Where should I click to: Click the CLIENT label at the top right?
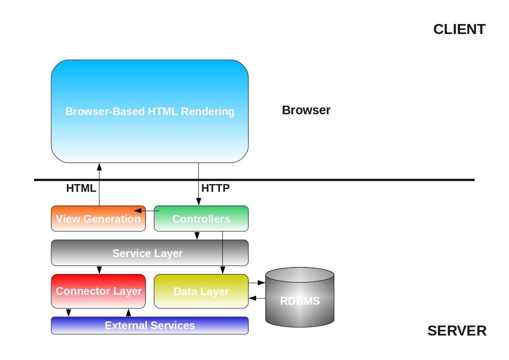(x=459, y=29)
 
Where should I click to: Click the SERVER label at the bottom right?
(x=456, y=331)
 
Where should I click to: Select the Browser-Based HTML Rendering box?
(x=150, y=111)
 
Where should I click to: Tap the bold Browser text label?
(x=306, y=110)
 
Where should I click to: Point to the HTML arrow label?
(x=81, y=188)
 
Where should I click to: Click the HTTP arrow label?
(x=215, y=188)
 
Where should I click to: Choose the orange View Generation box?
(x=98, y=219)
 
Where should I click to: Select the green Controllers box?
(x=201, y=219)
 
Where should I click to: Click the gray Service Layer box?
(x=150, y=253)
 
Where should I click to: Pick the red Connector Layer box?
(x=98, y=291)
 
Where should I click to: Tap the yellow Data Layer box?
(x=201, y=291)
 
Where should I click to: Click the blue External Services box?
(x=150, y=326)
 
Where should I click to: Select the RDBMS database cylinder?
(x=300, y=299)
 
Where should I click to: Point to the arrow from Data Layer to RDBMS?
(x=257, y=282)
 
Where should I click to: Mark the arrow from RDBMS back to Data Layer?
(x=257, y=298)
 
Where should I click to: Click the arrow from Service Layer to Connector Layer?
(x=99, y=270)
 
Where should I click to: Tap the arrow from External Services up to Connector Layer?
(x=128, y=313)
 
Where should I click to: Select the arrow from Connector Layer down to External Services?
(x=68, y=313)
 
